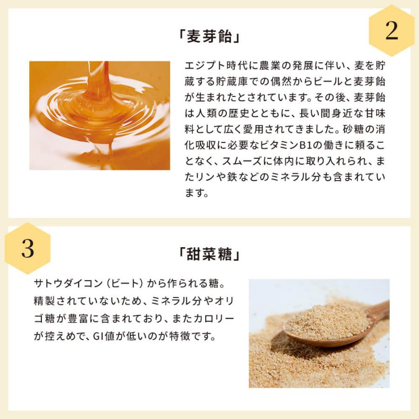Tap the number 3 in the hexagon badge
(27, 249)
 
